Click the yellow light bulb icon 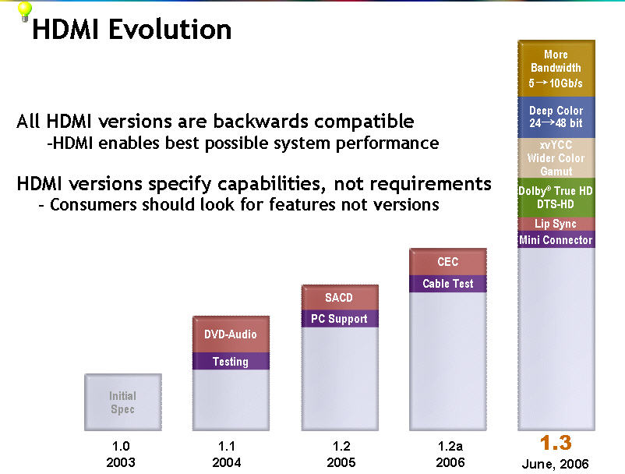click(x=25, y=11)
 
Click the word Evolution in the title click(x=170, y=30)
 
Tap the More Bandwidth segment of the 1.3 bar click(x=556, y=69)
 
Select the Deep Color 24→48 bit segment click(x=556, y=117)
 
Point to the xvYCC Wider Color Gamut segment click(x=556, y=157)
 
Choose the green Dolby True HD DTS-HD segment click(x=556, y=197)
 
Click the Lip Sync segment click(x=556, y=224)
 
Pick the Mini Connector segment click(x=556, y=239)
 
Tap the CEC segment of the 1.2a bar click(x=448, y=262)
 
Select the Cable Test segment click(x=448, y=284)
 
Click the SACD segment click(x=340, y=297)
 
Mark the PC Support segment click(x=340, y=319)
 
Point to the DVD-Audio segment click(x=231, y=334)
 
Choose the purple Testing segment click(x=231, y=361)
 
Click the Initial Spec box click(x=123, y=402)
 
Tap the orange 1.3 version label click(x=556, y=443)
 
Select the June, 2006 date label click(x=555, y=464)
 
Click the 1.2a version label click(x=450, y=446)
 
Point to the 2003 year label click(x=121, y=462)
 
